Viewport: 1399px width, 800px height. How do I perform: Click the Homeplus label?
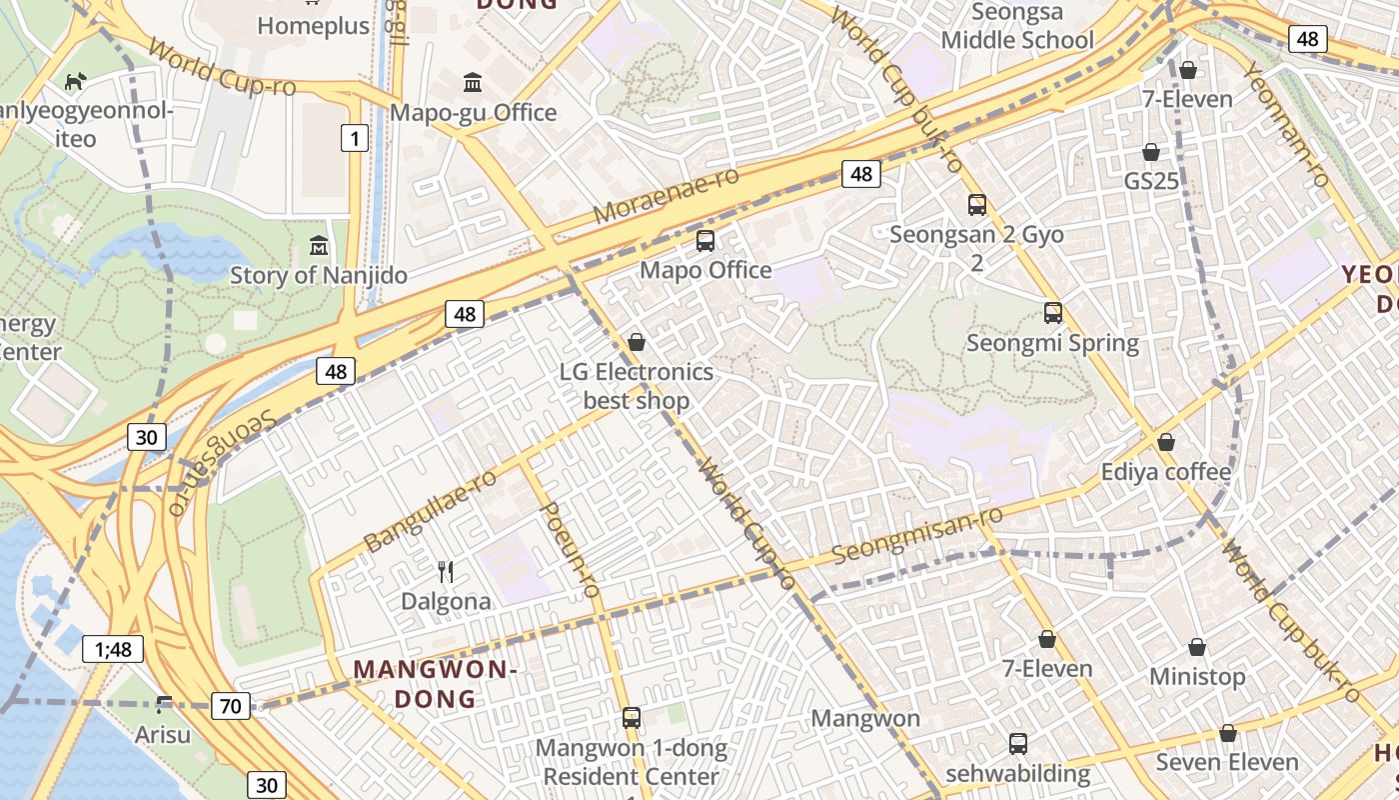[x=314, y=26]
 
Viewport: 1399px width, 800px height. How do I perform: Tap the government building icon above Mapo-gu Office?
[x=473, y=81]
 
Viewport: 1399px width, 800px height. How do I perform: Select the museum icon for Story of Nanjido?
[x=319, y=244]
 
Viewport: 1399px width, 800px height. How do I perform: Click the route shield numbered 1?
[x=354, y=138]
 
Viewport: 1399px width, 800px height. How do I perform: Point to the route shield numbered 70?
[x=230, y=706]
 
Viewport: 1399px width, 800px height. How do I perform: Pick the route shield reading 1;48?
[x=113, y=649]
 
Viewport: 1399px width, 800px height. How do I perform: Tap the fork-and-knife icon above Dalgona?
[x=446, y=572]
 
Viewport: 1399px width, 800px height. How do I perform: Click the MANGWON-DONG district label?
[x=435, y=684]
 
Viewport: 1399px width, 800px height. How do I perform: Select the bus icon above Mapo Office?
[x=705, y=241]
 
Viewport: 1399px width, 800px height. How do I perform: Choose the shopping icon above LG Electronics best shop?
[x=637, y=343]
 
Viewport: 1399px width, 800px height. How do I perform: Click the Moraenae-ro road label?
[x=666, y=196]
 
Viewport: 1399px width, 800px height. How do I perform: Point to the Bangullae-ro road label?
[x=430, y=510]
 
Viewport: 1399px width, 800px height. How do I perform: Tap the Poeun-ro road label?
[x=570, y=550]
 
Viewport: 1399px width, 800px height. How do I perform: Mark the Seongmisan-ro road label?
[x=916, y=535]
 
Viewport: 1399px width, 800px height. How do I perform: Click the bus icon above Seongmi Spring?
[x=1053, y=313]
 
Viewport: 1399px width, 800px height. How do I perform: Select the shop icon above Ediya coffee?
[x=1166, y=442]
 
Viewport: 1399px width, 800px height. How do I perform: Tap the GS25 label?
[x=1151, y=181]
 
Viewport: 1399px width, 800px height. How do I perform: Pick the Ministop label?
[x=1197, y=677]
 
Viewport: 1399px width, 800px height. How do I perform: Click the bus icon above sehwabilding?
[x=1018, y=744]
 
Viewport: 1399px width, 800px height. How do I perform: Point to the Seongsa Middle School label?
[x=1017, y=27]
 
